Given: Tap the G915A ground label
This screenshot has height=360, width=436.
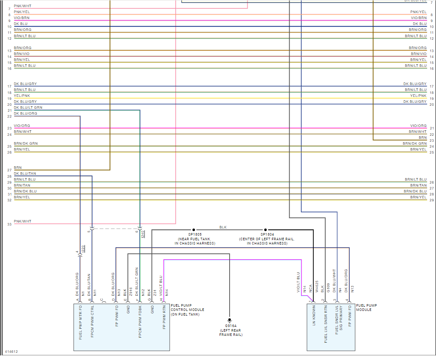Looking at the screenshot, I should coord(230,326).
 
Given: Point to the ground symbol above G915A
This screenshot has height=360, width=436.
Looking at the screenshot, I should coord(230,320).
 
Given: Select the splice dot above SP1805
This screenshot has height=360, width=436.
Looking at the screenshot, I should coord(194,230).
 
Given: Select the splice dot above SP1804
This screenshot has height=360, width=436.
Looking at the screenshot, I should coord(266,230).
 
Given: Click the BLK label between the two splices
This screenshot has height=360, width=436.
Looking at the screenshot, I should coord(223,227).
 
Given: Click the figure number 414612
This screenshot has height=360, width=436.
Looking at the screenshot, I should coord(11,352).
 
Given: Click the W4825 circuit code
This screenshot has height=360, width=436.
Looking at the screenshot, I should coord(316,293).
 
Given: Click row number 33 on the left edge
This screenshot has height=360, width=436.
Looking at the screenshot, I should coord(9,224).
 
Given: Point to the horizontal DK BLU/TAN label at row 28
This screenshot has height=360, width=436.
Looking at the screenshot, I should coord(25,173).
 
